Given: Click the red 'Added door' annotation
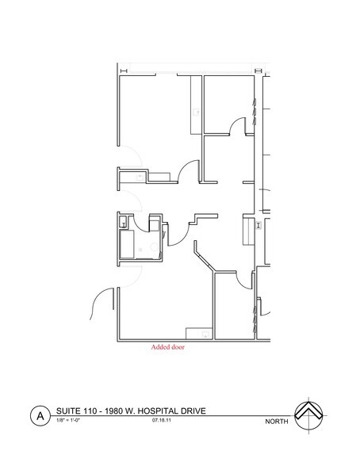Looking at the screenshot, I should [167, 347].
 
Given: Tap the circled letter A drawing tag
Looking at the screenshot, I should [36, 414].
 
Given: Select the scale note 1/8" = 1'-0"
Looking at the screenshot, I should [69, 421].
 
